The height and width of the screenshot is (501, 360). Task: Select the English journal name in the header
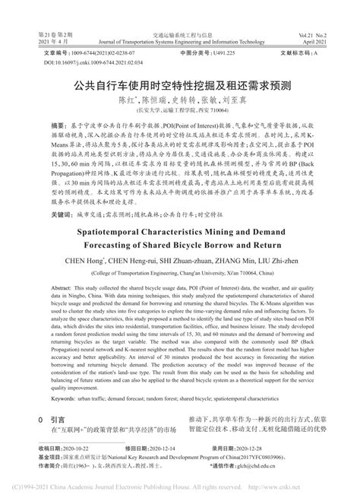(179, 43)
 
